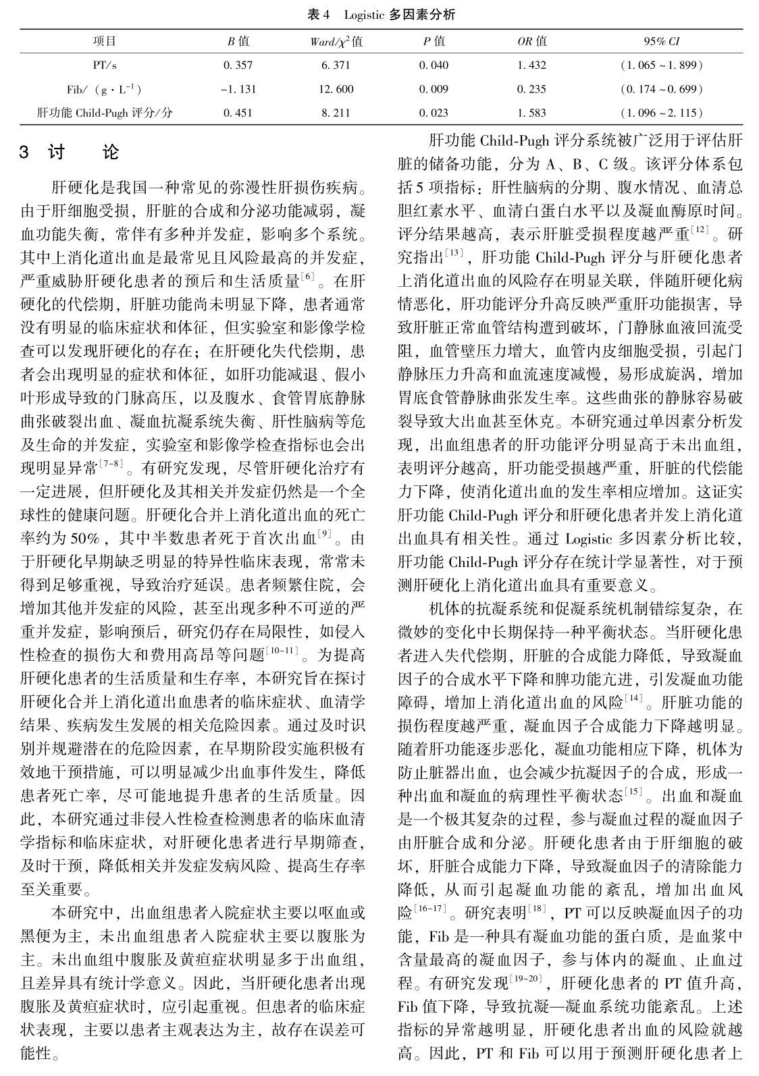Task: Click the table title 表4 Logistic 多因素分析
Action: tap(381, 14)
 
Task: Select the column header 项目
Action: tap(105, 41)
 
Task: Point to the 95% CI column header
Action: tap(662, 41)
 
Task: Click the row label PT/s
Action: tap(105, 65)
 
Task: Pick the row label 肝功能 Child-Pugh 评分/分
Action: tap(105, 113)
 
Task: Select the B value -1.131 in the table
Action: tap(238, 89)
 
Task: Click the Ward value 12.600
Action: tap(336, 89)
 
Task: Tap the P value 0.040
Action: tap(434, 65)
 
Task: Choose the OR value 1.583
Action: tap(531, 113)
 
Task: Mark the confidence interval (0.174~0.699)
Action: tap(662, 89)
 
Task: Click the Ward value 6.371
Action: tap(336, 65)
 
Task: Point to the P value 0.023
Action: tap(434, 113)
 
